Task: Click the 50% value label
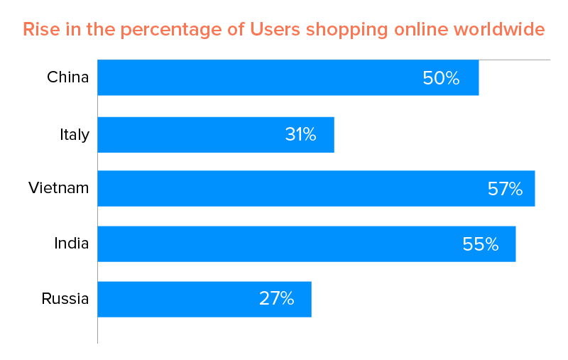(441, 78)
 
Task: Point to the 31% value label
(300, 134)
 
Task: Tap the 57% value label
(505, 189)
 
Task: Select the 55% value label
(480, 244)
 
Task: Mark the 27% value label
(276, 299)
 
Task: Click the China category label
(67, 77)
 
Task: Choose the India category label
(72, 244)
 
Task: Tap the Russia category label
(65, 299)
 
